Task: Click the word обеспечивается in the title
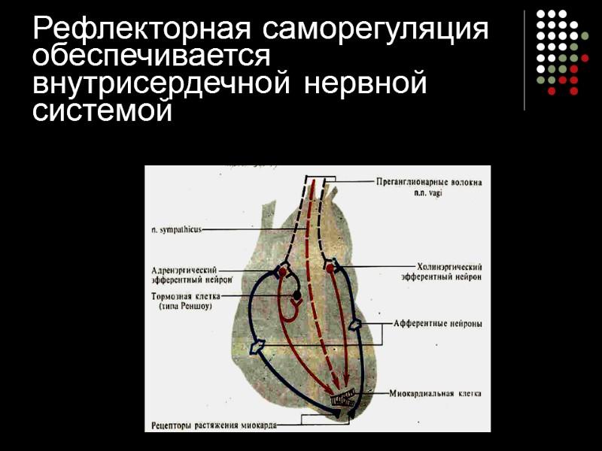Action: [x=151, y=57]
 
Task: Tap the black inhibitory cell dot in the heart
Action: [x=297, y=295]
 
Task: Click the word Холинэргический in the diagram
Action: [x=448, y=267]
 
